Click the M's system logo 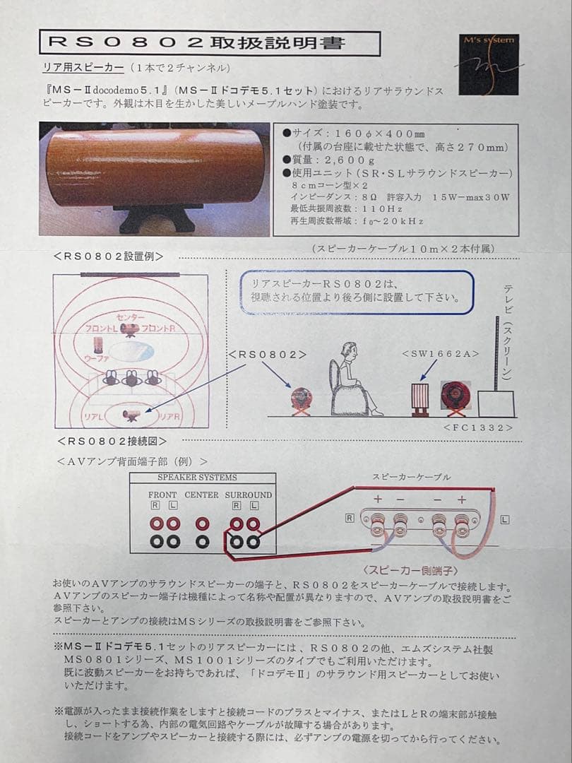coord(491,64)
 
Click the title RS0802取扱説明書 coord(209,42)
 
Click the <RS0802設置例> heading coord(109,256)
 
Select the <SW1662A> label coord(432,353)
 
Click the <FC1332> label coord(478,428)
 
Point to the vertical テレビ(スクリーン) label coord(508,332)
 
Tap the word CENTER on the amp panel coord(201,495)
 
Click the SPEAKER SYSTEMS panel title coord(192,478)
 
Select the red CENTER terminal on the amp coord(203,524)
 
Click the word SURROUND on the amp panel coord(248,495)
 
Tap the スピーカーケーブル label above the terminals coord(411,478)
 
